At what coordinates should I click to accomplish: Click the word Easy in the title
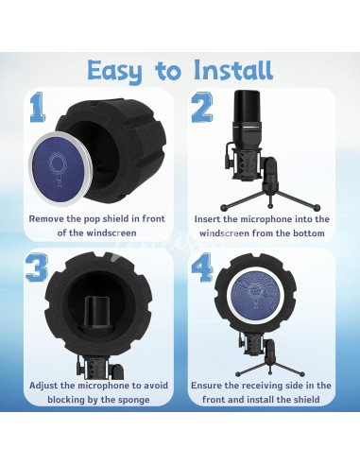[x=114, y=71]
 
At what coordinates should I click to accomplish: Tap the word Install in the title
[x=232, y=69]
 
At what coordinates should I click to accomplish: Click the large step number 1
[x=37, y=107]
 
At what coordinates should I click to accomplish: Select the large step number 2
[x=202, y=108]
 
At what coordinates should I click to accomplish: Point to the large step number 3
[x=37, y=267]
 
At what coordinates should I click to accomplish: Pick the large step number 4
[x=202, y=267]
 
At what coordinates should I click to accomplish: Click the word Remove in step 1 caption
[x=46, y=218]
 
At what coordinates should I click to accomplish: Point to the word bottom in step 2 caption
[x=309, y=233]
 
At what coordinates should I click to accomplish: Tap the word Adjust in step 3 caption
[x=43, y=386]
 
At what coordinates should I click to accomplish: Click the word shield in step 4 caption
[x=306, y=400]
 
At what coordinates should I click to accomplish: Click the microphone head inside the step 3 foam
[x=97, y=315]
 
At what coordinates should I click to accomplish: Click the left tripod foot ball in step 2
[x=224, y=208]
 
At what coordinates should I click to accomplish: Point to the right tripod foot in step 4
[x=302, y=374]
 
